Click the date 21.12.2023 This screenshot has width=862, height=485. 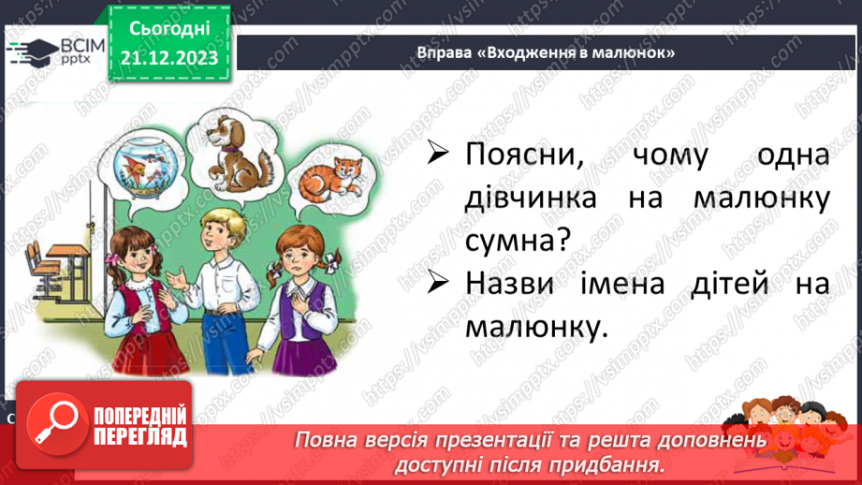pyautogui.click(x=168, y=58)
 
